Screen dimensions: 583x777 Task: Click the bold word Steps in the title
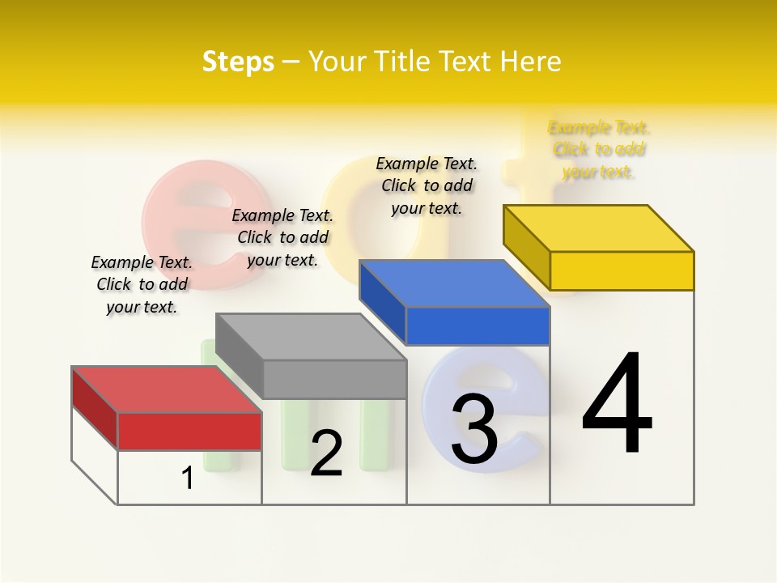tap(238, 62)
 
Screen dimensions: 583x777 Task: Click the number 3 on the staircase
tap(474, 430)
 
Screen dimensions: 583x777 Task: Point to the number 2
tap(326, 453)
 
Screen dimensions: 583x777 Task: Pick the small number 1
tap(188, 478)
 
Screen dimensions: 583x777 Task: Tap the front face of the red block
tap(189, 431)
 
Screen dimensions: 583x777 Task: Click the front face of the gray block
tap(334, 379)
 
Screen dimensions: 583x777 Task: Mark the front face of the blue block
tap(478, 326)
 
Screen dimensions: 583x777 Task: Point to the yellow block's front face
tap(622, 270)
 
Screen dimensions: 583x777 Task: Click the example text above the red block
tap(142, 284)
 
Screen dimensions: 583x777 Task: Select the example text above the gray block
tap(282, 237)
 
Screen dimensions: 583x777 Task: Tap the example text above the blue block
tap(427, 185)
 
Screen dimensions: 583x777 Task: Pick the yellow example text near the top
tap(599, 149)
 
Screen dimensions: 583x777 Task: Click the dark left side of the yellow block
tap(526, 247)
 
